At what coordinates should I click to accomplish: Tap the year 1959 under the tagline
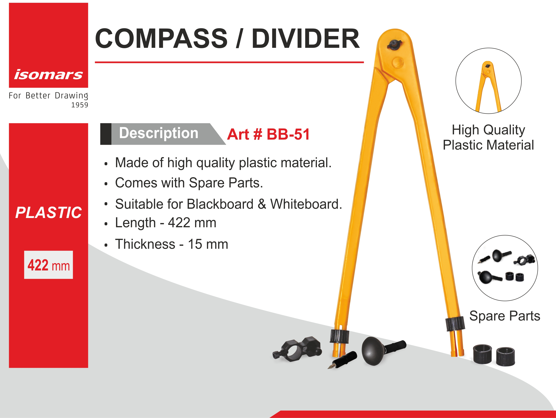pyautogui.click(x=80, y=105)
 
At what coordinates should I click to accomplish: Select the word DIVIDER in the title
pyautogui.click(x=306, y=38)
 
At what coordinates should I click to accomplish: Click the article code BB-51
pyautogui.click(x=288, y=134)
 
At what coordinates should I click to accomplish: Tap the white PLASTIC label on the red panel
pyautogui.click(x=49, y=213)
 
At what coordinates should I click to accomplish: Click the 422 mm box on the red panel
pyautogui.click(x=49, y=265)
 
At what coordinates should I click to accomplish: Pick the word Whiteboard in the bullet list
pyautogui.click(x=306, y=204)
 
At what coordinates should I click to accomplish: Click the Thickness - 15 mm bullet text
pyautogui.click(x=172, y=244)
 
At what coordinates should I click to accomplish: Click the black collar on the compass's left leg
pyautogui.click(x=339, y=336)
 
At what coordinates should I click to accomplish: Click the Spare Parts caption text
pyautogui.click(x=505, y=316)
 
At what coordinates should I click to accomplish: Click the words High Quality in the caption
pyautogui.click(x=488, y=130)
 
